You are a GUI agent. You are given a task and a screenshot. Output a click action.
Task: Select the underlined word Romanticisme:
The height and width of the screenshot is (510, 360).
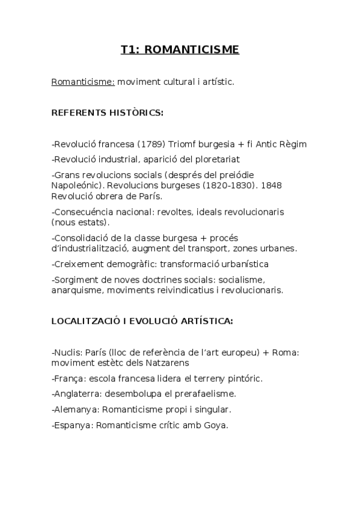83,81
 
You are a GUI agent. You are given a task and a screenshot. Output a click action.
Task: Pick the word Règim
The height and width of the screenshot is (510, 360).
291,144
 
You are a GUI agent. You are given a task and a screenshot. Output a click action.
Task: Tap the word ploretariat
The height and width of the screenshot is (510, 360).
215,159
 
